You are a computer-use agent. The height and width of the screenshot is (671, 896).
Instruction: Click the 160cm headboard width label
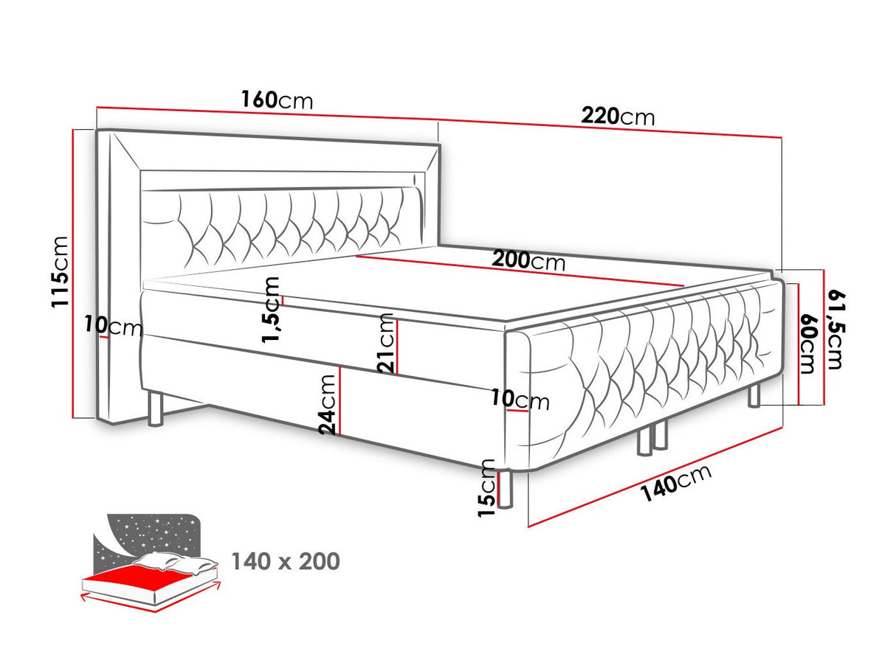point(277,100)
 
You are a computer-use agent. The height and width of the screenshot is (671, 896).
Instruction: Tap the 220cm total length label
point(618,117)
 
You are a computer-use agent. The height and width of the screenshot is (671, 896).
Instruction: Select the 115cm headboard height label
point(60,271)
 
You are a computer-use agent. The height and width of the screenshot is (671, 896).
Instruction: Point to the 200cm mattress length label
point(528,260)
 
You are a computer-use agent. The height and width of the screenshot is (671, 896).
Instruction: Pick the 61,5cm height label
point(835,330)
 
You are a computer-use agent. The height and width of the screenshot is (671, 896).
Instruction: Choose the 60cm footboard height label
point(807,344)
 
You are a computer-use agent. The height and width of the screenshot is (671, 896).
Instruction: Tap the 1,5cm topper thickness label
point(271,310)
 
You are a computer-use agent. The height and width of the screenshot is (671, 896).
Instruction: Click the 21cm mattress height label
point(386,344)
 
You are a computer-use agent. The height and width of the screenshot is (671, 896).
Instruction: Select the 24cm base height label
point(328,405)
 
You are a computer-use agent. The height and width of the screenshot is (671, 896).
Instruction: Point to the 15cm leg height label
point(486,488)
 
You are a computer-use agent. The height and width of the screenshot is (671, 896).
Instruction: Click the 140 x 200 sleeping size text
point(286,561)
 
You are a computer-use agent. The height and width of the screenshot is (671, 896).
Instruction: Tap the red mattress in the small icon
point(139,576)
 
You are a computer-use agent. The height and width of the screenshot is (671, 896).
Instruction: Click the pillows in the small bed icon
point(176,563)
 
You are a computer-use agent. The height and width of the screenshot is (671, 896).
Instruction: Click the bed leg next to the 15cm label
point(505,489)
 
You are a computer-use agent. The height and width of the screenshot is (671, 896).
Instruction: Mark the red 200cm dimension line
point(520,271)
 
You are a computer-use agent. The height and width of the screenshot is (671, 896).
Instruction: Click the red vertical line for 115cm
point(72,274)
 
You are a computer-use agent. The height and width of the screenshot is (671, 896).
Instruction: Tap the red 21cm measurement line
point(397,347)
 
